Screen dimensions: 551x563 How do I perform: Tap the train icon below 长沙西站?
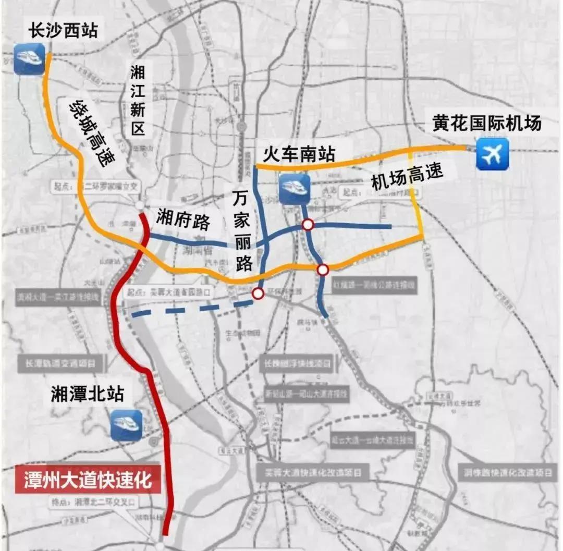point(29,59)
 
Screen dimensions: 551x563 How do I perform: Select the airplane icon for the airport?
point(492,154)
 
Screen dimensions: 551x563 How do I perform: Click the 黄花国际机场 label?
point(487,123)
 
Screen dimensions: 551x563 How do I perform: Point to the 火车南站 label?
point(295,154)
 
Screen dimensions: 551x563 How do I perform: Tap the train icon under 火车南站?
point(295,189)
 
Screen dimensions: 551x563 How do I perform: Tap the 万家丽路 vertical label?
point(242,230)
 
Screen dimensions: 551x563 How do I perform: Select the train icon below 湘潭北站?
point(126,425)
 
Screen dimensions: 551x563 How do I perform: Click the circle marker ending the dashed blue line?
point(258,294)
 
